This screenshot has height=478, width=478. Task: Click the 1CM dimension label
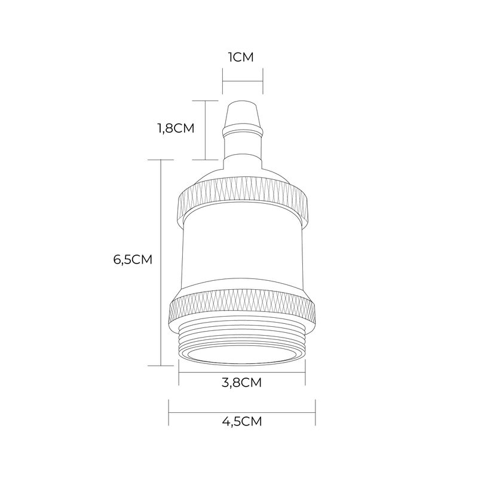coord(241,57)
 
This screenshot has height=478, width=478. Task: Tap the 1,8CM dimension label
coord(176,128)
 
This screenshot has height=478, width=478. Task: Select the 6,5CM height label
coord(133,260)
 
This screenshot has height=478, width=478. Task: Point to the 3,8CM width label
coord(241,382)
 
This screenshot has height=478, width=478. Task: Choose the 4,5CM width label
coord(242,422)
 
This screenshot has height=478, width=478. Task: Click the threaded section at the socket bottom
coord(242,338)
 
